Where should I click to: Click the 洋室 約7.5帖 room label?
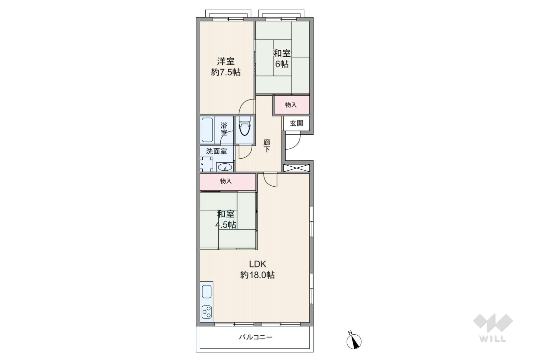click(226, 67)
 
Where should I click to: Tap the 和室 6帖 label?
click(282, 59)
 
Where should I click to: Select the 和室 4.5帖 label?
click(226, 219)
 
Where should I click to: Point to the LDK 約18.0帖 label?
click(257, 270)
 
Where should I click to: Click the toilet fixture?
click(244, 126)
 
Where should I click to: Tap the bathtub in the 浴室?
click(207, 130)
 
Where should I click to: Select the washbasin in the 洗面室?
click(225, 167)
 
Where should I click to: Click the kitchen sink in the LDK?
click(207, 291)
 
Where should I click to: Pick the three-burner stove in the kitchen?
click(207, 312)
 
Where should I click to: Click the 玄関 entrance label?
click(296, 123)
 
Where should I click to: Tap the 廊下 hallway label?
click(267, 146)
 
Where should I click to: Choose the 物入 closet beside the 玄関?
click(291, 105)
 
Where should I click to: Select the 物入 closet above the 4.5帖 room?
click(228, 181)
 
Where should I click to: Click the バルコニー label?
click(256, 337)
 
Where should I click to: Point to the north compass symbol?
click(354, 341)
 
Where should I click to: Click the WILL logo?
click(493, 328)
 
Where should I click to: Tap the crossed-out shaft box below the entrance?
click(296, 168)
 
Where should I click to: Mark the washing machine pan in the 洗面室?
click(206, 164)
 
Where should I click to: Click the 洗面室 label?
click(216, 151)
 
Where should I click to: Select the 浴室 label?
click(224, 129)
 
